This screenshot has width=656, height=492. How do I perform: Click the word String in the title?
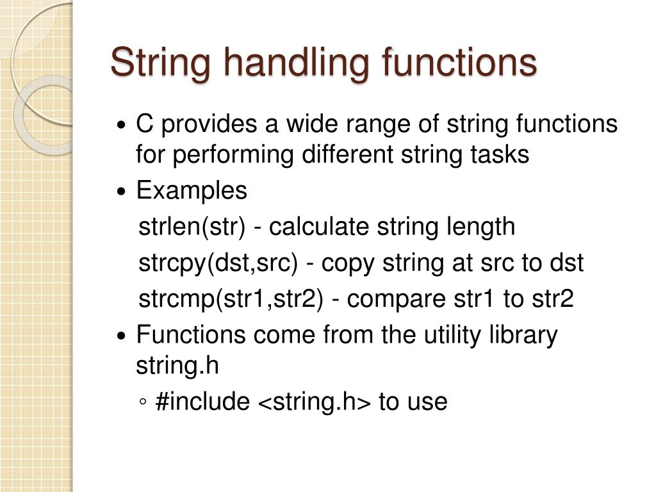pyautogui.click(x=155, y=63)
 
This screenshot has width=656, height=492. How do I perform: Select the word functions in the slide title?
pyautogui.click(x=459, y=63)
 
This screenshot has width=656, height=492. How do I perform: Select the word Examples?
pyautogui.click(x=192, y=191)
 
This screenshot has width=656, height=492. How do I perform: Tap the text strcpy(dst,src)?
pyautogui.click(x=218, y=263)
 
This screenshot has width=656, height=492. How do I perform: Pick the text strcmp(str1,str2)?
pyautogui.click(x=230, y=299)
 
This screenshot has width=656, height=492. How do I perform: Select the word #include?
pyautogui.click(x=202, y=402)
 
